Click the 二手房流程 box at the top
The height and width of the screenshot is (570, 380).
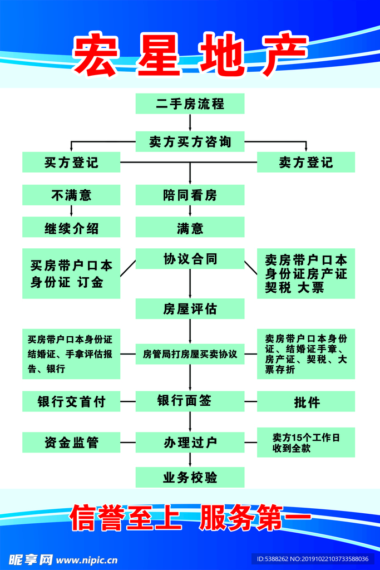tap(190, 104)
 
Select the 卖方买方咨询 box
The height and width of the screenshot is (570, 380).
tap(190, 141)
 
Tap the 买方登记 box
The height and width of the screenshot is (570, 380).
tap(71, 162)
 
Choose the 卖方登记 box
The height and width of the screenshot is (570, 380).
tap(305, 162)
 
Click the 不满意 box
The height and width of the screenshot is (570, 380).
tap(71, 195)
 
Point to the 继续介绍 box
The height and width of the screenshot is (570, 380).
tap(71, 228)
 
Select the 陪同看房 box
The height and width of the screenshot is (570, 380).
tap(190, 195)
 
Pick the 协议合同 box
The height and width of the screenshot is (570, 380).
tap(190, 259)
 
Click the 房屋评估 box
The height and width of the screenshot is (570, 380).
tap(190, 308)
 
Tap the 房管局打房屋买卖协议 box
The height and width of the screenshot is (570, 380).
tap(190, 354)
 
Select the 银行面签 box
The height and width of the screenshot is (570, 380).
tap(190, 401)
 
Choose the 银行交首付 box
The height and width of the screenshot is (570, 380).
tap(71, 401)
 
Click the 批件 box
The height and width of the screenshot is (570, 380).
tap(305, 401)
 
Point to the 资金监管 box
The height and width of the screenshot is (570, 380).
tap(71, 443)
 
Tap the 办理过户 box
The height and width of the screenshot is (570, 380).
tap(190, 443)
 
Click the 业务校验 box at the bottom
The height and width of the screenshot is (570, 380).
tap(190, 478)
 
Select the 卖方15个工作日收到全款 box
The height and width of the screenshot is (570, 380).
tap(305, 443)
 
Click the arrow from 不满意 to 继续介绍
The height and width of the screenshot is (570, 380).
tap(71, 211)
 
